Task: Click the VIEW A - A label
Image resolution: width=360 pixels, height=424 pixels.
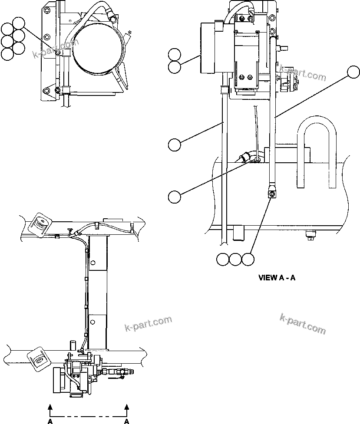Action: point(277,278)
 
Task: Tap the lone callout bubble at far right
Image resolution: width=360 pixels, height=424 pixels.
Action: point(353,71)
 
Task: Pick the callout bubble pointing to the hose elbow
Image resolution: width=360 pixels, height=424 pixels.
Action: point(175,196)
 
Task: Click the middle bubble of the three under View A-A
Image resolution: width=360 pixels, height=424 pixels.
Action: point(235,259)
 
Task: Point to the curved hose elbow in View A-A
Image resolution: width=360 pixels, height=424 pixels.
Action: point(246,158)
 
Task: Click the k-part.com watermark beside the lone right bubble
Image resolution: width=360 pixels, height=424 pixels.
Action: point(303,75)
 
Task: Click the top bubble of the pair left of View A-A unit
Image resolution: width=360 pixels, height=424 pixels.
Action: point(175,55)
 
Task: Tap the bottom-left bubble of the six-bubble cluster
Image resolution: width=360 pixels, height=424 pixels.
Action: point(7,54)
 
